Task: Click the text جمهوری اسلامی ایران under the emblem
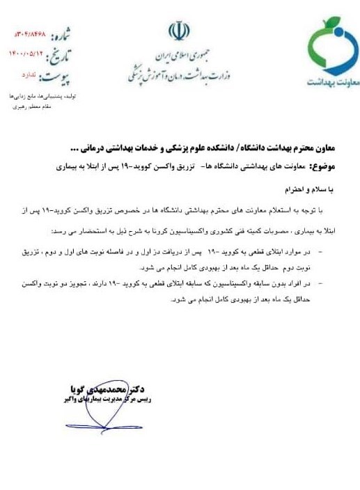[x=178, y=56]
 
